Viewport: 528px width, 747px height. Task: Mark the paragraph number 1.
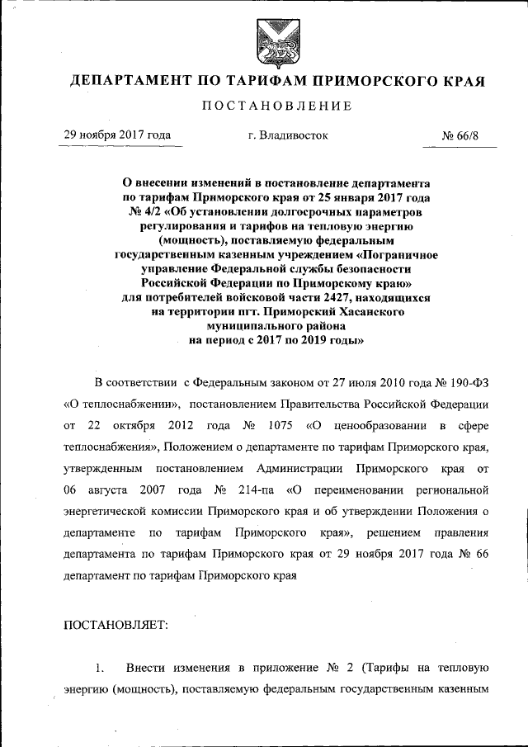101,667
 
